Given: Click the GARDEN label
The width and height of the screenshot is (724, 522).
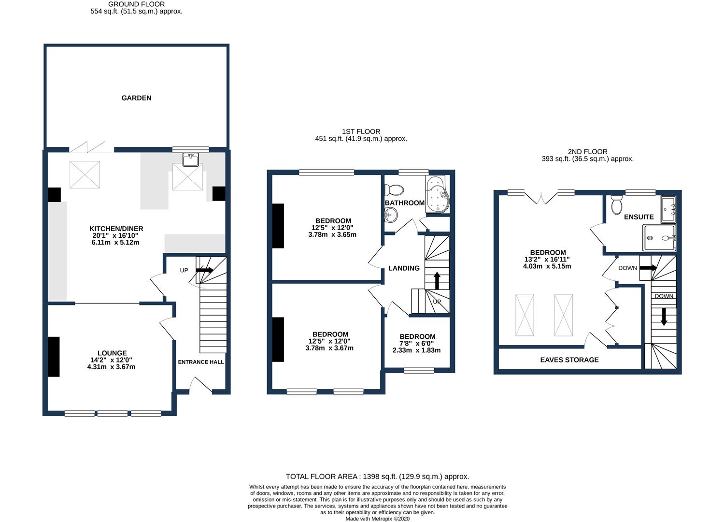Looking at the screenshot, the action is coord(136,98).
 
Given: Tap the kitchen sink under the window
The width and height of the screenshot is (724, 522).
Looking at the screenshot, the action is coord(190,160).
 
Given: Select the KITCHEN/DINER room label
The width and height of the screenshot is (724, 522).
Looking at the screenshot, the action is coord(116,229).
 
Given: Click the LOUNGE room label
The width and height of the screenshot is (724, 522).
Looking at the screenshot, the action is coord(112,353).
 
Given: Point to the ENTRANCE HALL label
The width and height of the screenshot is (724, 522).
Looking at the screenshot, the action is coord(201,362).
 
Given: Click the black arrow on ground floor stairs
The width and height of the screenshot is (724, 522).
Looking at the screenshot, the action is coord(204,270).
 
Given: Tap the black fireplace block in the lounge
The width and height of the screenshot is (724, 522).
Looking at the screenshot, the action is coord(54,357).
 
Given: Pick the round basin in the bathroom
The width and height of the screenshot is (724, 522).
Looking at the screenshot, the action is coord(391,215).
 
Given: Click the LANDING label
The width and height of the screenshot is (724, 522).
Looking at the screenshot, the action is coord(404,268).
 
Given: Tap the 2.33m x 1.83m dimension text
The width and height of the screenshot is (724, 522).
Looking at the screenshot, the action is coord(416,350).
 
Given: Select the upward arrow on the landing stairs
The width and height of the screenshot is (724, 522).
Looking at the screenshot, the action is coord(437,280).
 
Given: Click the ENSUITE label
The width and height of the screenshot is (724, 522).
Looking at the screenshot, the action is coord(639,217).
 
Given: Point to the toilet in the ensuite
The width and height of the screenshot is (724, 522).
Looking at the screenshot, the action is coord(617,204).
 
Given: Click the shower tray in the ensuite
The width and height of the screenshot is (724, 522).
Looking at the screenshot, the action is coord(659,238).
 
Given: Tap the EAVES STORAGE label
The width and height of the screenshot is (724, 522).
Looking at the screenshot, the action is coord(569,360).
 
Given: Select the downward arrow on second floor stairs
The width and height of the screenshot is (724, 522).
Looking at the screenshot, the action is coord(664,317).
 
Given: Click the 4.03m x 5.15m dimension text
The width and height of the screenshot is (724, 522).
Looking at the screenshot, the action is coord(547,266).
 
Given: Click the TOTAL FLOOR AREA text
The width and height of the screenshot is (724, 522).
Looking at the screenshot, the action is coord(377,477).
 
